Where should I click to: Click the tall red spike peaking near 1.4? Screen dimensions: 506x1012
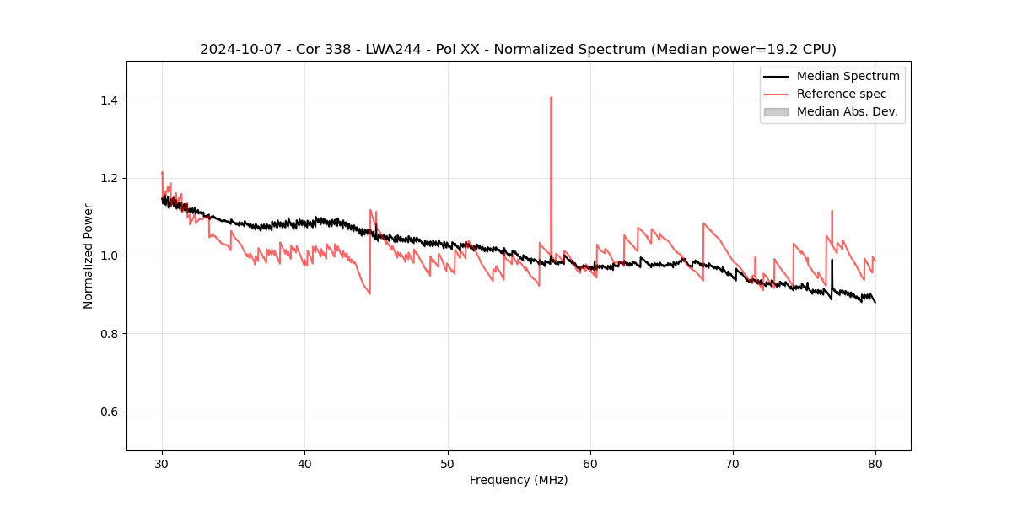pyautogui.click(x=551, y=99)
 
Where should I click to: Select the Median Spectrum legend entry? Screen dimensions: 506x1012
pyautogui.click(x=848, y=76)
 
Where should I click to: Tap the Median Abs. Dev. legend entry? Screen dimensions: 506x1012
pyautogui.click(x=847, y=111)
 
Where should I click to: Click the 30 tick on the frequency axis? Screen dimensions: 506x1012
pyautogui.click(x=162, y=463)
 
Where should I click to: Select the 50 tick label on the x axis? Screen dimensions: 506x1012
pyautogui.click(x=448, y=463)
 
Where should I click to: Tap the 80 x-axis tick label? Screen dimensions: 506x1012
pyautogui.click(x=875, y=463)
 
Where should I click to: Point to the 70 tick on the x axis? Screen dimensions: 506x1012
pyautogui.click(x=733, y=463)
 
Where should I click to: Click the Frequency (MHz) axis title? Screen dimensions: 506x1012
pyautogui.click(x=519, y=480)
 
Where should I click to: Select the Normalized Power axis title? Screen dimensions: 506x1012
pyautogui.click(x=89, y=256)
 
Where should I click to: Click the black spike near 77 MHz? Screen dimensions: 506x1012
pyautogui.click(x=832, y=261)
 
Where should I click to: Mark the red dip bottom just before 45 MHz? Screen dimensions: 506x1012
pyautogui.click(x=369, y=293)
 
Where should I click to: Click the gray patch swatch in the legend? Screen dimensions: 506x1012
pyautogui.click(x=776, y=111)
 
